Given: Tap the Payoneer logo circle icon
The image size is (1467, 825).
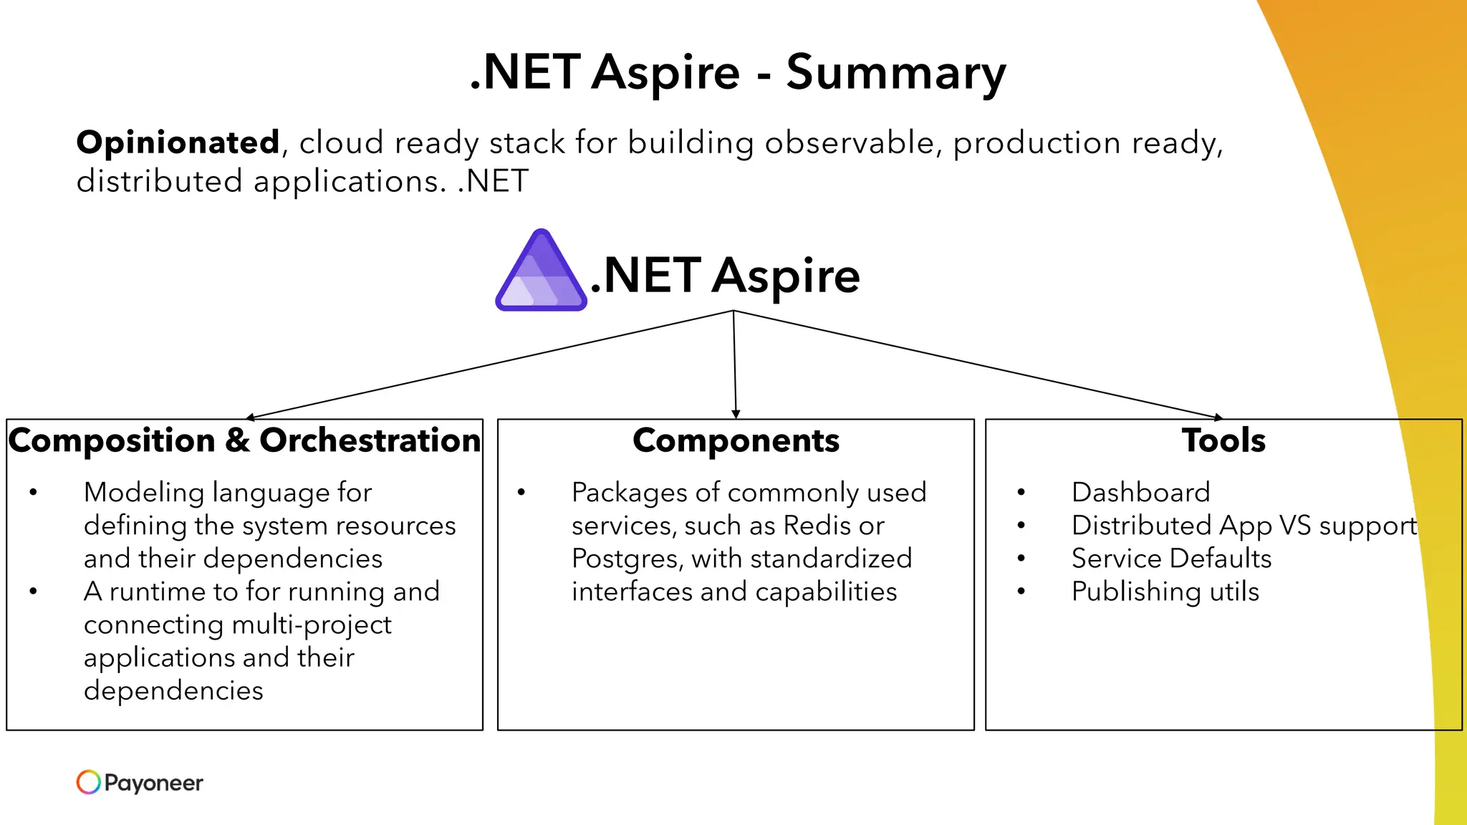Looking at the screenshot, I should coord(88,782).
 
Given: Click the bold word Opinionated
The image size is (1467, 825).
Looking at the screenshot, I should coord(178,143).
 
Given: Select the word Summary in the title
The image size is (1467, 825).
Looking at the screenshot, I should coord(895,73).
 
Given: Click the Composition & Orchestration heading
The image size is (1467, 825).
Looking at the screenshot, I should coord(244,440).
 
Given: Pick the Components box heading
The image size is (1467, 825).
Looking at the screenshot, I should coord(736,440).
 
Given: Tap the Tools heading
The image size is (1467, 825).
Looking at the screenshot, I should coord(1223,440).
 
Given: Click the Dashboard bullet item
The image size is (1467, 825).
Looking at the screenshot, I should coord(1140,493).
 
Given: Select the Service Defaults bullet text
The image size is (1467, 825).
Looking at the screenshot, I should coord(1171,559).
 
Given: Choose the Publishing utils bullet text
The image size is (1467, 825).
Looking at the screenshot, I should coord(1165,592).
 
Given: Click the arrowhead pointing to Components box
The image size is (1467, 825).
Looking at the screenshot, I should coord(736,415).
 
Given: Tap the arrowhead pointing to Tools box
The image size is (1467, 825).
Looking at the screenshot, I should coord(1218,417).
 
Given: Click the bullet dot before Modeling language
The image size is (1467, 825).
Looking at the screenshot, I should coord(33,493).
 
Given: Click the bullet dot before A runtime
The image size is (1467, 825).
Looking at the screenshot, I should coord(33,592).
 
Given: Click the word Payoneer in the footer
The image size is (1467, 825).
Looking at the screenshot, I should coord(153,783).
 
